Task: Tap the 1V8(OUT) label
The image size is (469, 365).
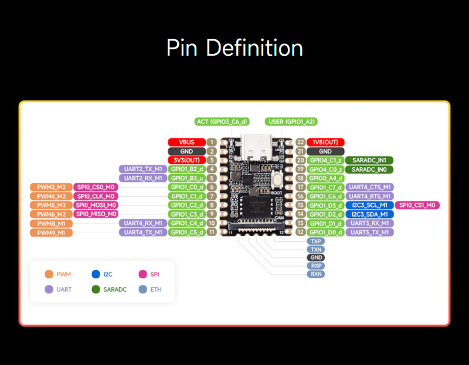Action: [325, 142]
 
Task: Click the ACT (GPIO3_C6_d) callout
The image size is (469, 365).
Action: [222, 122]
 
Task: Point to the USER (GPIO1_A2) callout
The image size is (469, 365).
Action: [291, 122]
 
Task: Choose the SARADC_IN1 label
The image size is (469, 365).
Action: [369, 160]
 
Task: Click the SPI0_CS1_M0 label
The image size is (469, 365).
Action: [418, 205]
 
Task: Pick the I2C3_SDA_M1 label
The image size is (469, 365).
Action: [369, 214]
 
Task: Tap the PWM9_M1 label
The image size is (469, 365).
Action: [51, 233]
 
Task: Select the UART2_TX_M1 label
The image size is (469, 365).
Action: [142, 169]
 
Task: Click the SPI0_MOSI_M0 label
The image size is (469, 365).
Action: [96, 205]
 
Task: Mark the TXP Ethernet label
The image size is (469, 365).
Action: [316, 241]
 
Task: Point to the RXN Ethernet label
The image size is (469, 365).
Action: [316, 274]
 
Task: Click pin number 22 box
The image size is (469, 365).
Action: [300, 142]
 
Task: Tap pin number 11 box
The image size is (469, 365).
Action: [212, 233]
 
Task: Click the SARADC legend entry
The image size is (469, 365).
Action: [109, 289]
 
